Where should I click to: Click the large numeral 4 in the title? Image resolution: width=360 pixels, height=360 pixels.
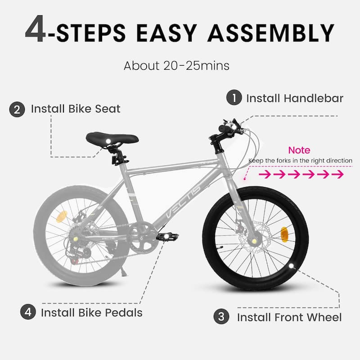tap(36, 29)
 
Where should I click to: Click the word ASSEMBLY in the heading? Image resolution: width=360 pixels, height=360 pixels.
tap(271, 33)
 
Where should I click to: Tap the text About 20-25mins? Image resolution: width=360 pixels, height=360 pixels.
tap(176, 66)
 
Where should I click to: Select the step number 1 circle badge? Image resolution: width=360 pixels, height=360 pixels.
tap(234, 98)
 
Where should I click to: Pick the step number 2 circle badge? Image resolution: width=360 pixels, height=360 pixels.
tap(17, 109)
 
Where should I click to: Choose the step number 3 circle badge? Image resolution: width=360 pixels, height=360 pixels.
tap(221, 316)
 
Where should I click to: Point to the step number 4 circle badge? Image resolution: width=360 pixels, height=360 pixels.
tap(28, 312)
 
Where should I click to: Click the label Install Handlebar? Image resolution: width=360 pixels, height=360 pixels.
tap(295, 98)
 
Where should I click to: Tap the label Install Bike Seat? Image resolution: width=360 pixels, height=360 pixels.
tap(76, 108)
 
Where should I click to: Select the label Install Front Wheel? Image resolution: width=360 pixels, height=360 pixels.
tap(289, 317)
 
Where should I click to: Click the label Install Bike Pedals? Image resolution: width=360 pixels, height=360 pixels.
tap(92, 312)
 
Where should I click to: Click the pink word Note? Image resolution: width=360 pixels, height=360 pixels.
tap(299, 150)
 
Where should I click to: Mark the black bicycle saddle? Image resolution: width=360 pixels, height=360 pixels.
tap(112, 139)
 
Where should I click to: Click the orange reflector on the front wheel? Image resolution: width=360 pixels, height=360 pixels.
tap(284, 234)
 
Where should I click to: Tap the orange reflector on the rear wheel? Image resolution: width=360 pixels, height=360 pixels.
tap(62, 216)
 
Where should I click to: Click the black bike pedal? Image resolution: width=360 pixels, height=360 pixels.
tap(167, 236)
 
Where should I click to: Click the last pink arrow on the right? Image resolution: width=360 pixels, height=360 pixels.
tap(337, 174)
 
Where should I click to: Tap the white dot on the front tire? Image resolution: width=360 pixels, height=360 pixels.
tap(291, 266)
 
